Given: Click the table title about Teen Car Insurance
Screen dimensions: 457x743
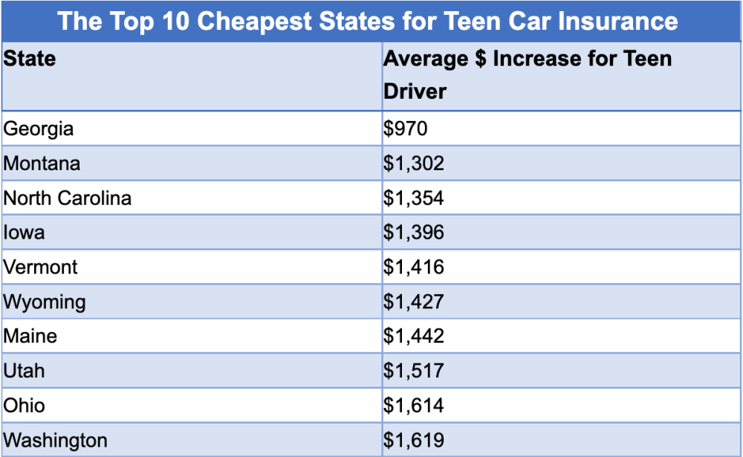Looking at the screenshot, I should coord(368,20).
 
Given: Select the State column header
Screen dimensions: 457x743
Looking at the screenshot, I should coord(30,59).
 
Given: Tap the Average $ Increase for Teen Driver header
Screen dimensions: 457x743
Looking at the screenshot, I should coord(528,74).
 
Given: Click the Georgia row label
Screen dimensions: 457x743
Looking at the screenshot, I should coord(39,129).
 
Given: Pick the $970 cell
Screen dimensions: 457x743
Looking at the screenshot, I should coord(406,129).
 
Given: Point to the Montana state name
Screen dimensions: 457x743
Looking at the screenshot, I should coord(42,163).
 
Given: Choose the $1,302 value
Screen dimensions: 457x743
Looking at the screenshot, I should coord(414,163).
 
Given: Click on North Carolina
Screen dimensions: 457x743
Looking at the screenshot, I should coord(68,198).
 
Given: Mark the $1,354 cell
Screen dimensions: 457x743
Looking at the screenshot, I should coord(414,198).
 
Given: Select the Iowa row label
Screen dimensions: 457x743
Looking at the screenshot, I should coord(24,233).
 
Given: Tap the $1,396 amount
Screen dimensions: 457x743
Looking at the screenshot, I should coord(414,233).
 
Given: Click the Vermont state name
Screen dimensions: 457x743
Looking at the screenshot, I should coord(41,267).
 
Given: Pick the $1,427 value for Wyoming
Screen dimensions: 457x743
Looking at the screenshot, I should coord(414,302).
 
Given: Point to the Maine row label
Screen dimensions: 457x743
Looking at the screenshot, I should coord(30,336).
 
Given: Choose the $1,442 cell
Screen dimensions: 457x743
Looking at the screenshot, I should coord(414,336).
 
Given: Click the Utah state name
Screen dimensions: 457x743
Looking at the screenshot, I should coord(25,370).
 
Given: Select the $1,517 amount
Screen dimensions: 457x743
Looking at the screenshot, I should coord(414,370).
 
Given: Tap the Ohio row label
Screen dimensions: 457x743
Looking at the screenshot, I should coord(25,405).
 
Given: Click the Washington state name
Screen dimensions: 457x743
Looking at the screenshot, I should coord(56,440).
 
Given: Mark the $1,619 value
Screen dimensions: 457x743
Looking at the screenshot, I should coord(414,440).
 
